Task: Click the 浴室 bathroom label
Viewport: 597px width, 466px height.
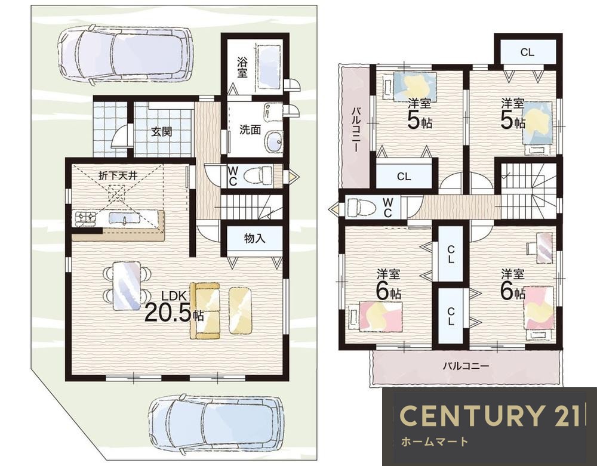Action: coord(242,67)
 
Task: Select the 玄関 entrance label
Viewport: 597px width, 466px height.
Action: coord(162,132)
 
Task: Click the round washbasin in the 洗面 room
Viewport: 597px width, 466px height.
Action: coord(273,142)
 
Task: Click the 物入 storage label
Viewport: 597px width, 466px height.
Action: coord(254,239)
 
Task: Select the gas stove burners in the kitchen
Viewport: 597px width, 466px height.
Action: coord(85,219)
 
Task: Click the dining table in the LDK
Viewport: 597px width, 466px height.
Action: coord(127,285)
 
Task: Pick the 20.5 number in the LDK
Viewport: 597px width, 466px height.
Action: coord(168,313)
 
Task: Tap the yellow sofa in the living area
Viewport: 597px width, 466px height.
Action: coord(205,310)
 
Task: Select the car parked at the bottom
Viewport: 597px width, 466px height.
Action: coord(216,422)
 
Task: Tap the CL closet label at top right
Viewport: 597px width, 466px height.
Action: coord(527,52)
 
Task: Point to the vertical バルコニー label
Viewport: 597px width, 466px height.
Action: coord(356,129)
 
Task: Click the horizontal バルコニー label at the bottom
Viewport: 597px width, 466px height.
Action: coord(466,366)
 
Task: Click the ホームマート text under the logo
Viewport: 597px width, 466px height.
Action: coord(435,442)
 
